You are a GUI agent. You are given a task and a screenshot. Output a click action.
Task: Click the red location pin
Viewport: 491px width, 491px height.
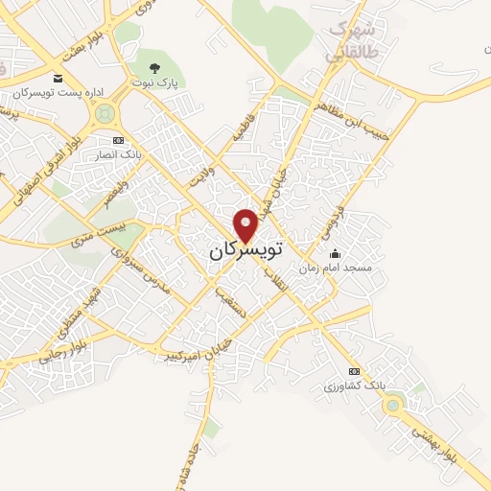(x=246, y=223)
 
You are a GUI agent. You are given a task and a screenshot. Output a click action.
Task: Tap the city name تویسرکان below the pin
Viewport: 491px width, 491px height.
(x=246, y=251)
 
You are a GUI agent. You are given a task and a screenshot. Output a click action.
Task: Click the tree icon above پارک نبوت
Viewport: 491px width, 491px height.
(x=155, y=67)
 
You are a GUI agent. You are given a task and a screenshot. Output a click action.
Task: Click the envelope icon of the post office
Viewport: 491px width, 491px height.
(x=58, y=78)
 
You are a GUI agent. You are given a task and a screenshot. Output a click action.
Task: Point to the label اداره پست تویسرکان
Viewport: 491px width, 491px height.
(x=58, y=94)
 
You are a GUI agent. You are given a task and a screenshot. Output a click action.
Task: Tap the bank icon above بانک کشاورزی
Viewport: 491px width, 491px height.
(x=354, y=371)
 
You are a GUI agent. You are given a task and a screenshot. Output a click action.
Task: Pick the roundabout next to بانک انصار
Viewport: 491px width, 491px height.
(x=105, y=114)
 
